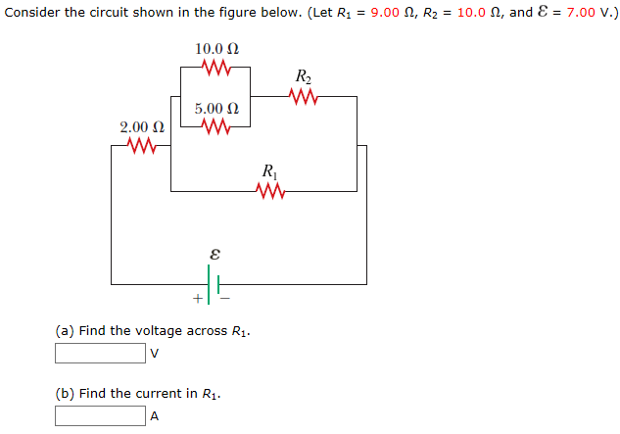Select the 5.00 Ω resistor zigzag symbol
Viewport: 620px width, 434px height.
pyautogui.click(x=215, y=126)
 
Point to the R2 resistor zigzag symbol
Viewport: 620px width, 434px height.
pyautogui.click(x=305, y=97)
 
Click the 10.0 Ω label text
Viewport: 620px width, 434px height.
pyautogui.click(x=216, y=48)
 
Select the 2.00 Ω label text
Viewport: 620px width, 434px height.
pyautogui.click(x=141, y=127)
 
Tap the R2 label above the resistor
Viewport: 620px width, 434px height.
pyautogui.click(x=304, y=76)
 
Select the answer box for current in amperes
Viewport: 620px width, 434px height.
pyautogui.click(x=100, y=415)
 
